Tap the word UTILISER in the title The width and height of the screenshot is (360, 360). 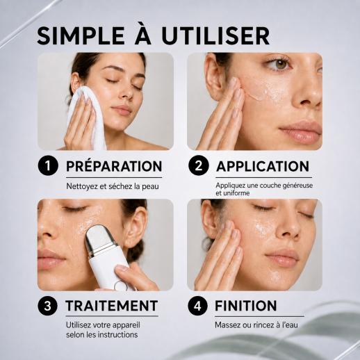pos(215,36)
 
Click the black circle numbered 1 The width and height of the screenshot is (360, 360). pos(48,165)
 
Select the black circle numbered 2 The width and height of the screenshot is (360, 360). pos(199,165)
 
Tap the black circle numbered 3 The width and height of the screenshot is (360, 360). pos(48,306)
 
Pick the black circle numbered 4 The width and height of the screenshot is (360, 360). pos(197,306)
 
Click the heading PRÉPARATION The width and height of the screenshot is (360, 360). pos(114,166)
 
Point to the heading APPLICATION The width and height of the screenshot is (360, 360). pos(263,166)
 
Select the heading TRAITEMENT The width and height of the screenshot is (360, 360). pos(112,306)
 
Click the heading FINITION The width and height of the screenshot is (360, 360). pos(246,306)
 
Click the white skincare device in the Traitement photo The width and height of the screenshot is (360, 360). pos(106,258)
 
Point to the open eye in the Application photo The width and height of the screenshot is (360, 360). pos(280,64)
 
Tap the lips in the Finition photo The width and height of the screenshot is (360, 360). pos(282,257)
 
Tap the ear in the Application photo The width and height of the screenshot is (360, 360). pos(214,76)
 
